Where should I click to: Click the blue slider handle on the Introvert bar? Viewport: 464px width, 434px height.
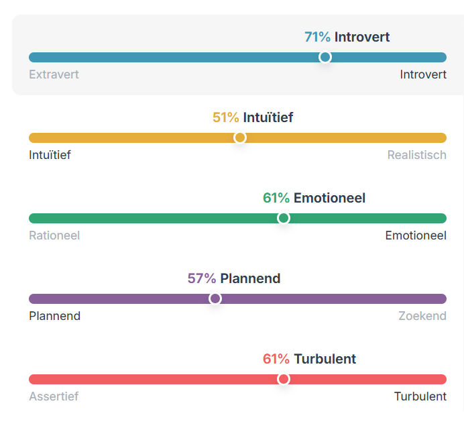point(325,57)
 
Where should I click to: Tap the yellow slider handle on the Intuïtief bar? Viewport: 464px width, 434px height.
point(239,138)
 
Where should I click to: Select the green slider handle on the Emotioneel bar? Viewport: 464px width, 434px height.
point(284,218)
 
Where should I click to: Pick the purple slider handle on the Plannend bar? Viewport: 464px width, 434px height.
point(215,299)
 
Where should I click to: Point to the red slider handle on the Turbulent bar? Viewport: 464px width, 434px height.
point(284,379)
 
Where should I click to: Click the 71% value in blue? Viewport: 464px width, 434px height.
point(318,38)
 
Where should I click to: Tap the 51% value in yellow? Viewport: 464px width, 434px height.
point(225,117)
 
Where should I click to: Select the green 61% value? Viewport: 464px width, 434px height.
point(276,198)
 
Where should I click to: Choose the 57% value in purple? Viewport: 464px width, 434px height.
point(202,278)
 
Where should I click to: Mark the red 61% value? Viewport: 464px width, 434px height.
point(276,359)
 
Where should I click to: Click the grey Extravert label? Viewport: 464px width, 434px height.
point(54,74)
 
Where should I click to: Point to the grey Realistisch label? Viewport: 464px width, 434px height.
point(417,155)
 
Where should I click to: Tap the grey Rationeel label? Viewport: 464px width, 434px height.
point(54,235)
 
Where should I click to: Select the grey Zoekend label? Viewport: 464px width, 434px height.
point(422,316)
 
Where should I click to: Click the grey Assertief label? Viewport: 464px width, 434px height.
point(54,396)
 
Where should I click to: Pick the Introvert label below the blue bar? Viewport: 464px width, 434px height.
point(423,74)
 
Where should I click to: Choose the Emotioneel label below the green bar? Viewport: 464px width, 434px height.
point(416,235)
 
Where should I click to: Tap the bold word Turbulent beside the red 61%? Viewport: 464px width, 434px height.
point(325,359)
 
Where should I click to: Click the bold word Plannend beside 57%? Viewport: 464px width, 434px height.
point(250,278)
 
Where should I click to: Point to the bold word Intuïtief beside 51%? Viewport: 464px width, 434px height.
point(268,117)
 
